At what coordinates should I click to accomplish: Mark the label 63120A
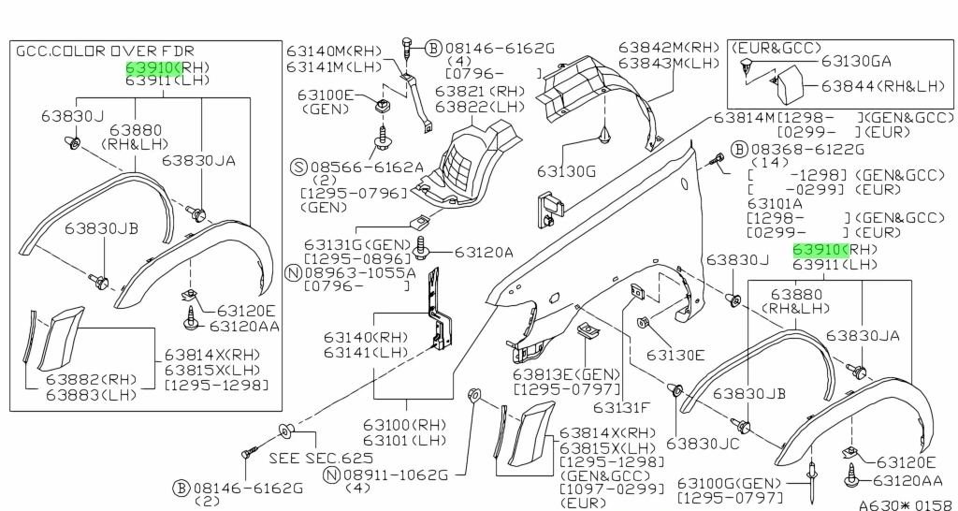pyautogui.click(x=484, y=252)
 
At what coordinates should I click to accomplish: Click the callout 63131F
pyautogui.click(x=619, y=407)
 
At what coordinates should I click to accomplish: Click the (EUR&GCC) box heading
pyautogui.click(x=777, y=47)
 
